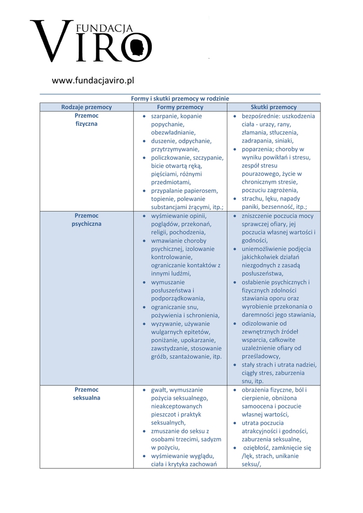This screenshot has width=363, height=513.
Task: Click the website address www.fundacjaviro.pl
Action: tap(93, 80)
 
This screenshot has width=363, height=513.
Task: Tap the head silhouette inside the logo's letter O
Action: tap(136, 48)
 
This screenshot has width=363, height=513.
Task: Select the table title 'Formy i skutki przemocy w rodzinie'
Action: tap(180, 99)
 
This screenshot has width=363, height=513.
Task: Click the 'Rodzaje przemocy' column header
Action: tap(86, 107)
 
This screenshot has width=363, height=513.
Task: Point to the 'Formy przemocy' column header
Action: tap(180, 107)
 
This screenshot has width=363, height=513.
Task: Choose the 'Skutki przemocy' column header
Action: tap(273, 107)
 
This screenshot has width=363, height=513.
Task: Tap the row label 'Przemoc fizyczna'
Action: tap(86, 120)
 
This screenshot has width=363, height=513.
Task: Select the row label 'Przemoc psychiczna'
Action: tap(86, 220)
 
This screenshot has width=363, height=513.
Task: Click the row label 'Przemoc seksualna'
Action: tap(86, 394)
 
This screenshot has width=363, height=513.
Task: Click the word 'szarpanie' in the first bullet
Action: tap(164, 116)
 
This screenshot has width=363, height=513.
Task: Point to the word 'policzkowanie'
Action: tap(170, 158)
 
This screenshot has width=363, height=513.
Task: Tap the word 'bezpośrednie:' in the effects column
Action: tap(261, 116)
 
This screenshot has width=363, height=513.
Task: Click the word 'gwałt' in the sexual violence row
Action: tap(159, 390)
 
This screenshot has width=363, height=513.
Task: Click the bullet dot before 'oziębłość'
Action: tap(235, 448)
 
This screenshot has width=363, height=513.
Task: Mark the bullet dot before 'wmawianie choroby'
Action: tap(145, 241)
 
